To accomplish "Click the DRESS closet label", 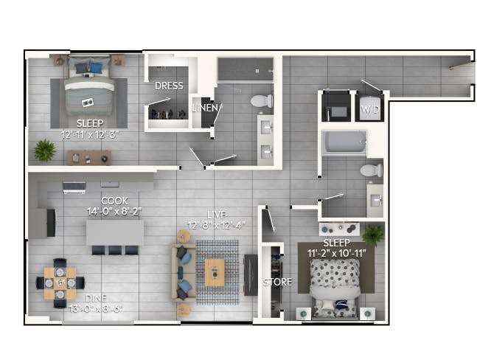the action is click(169, 86).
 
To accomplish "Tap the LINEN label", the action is click(206, 108).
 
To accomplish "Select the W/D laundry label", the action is click(370, 109).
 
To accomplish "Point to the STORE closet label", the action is click(277, 282).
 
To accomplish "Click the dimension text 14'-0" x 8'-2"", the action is click(114, 211).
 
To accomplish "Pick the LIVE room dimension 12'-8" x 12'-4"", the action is click(216, 226).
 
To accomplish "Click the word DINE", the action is click(96, 298).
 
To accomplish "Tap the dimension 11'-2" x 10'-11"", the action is click(336, 253).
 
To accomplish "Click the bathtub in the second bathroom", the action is click(344, 142).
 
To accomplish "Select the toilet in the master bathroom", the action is click(261, 101).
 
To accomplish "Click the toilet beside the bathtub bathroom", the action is click(372, 170).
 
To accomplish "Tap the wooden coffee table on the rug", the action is click(215, 272).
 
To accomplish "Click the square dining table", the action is click(60, 283).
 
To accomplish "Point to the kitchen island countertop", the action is click(115, 232).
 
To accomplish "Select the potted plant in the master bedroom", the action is click(45, 150).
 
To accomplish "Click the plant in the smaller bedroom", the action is click(373, 235).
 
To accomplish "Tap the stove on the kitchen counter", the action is click(74, 187).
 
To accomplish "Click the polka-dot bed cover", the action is click(335, 272).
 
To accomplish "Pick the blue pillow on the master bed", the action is click(96, 68).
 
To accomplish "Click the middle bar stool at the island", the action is click(115, 250).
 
